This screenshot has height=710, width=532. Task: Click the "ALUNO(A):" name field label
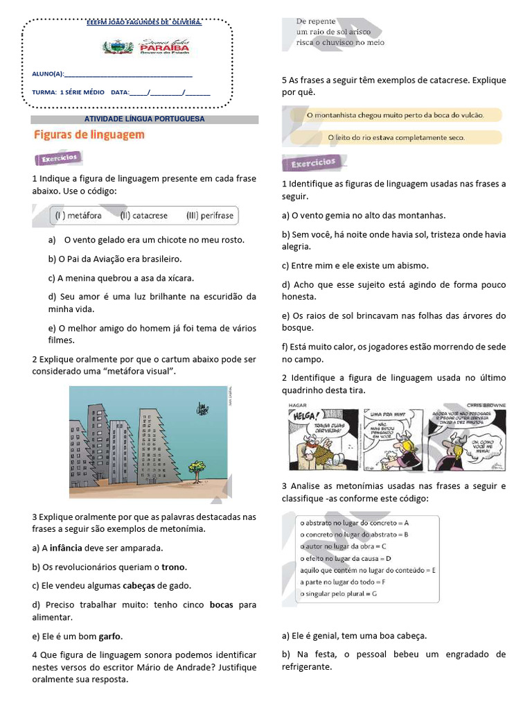[x=48, y=74]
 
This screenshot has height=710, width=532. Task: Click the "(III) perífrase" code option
[x=210, y=216]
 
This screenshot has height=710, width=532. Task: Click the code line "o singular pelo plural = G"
[x=337, y=594]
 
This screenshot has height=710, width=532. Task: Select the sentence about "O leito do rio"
[x=396, y=137]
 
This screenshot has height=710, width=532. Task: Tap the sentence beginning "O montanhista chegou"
[x=394, y=114]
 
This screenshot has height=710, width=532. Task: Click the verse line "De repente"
[x=316, y=21]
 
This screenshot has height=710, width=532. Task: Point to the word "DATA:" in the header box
[x=120, y=92]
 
